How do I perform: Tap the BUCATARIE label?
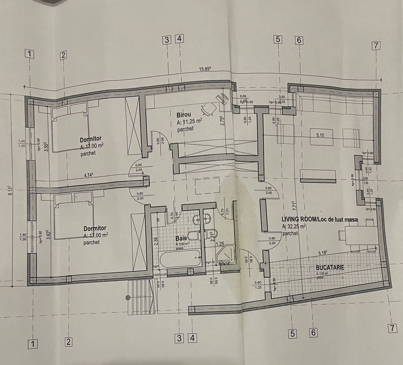tap(330, 267)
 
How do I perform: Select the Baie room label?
tap(181, 238)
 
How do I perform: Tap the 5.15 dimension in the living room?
tap(320, 135)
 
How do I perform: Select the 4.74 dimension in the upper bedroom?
tap(89, 175)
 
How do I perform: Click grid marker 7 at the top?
tap(376, 46)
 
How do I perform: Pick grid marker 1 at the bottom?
tap(33, 344)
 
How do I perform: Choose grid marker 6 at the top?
tap(299, 40)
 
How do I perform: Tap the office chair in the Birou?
tap(209, 108)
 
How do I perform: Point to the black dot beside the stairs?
tap(128, 298)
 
